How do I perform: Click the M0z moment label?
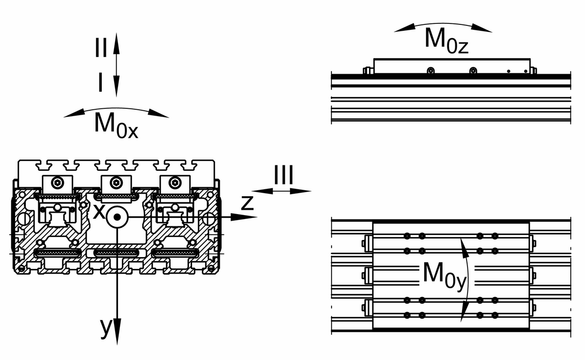tap(446, 39)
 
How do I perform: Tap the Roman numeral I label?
tap(100, 83)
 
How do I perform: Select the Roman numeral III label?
tap(283, 176)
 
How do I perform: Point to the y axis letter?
tap(106, 328)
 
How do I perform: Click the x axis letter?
tap(99, 211)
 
